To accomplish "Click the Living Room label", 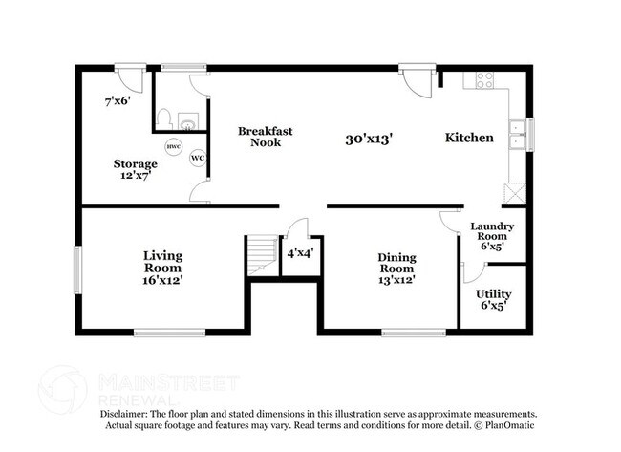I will tap(163, 268).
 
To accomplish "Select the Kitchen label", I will tap(469, 138).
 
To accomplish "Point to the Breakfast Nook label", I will tap(265, 136).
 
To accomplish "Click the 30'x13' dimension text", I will tap(370, 139).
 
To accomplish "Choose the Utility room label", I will tap(494, 300).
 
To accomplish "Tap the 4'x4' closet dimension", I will tap(301, 253).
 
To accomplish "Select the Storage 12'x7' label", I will tap(135, 170).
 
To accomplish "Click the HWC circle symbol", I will tap(174, 147).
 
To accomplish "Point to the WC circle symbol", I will tap(198, 158).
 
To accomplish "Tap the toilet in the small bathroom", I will tap(164, 119).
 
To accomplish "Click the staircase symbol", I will tap(261, 256).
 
